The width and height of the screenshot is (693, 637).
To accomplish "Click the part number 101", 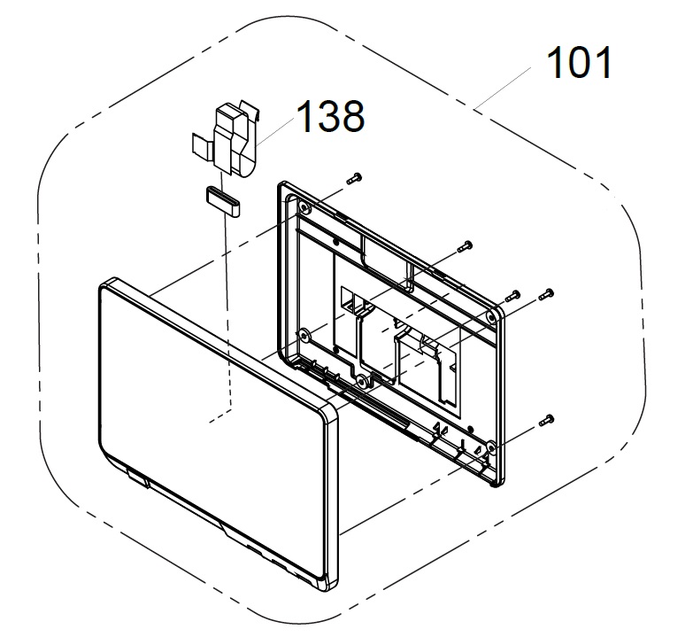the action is pos(580,63).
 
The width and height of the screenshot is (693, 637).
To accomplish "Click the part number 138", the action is pos(331,116).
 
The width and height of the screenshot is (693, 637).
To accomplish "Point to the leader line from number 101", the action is pos(502,89).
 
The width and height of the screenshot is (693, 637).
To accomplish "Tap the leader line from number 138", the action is pos(275,132).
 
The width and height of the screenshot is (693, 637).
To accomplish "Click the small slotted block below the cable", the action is pos(222,202).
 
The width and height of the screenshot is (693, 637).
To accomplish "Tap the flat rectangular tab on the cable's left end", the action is pos(202,144).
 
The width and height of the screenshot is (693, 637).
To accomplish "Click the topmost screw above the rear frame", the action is pos(354,179).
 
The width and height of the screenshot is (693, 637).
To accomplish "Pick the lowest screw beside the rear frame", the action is pos(547,420).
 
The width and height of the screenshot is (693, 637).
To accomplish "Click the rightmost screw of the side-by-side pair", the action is pos(547,295).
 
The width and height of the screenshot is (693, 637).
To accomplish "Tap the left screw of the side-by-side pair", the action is pos(512,296).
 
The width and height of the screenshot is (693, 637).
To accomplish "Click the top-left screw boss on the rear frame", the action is pos(304,207).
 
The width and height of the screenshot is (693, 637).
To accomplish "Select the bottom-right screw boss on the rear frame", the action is pos(490,448).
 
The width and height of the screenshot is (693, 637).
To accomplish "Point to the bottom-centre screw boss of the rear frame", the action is pos(362,381).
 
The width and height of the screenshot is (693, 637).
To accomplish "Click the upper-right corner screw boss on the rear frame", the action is pos(491,317).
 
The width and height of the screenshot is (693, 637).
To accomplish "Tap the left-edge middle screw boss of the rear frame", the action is pos(304,336).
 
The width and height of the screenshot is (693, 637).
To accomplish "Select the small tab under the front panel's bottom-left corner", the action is pos(137,477).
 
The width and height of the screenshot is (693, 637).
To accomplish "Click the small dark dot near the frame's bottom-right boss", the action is pos(470,429).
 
